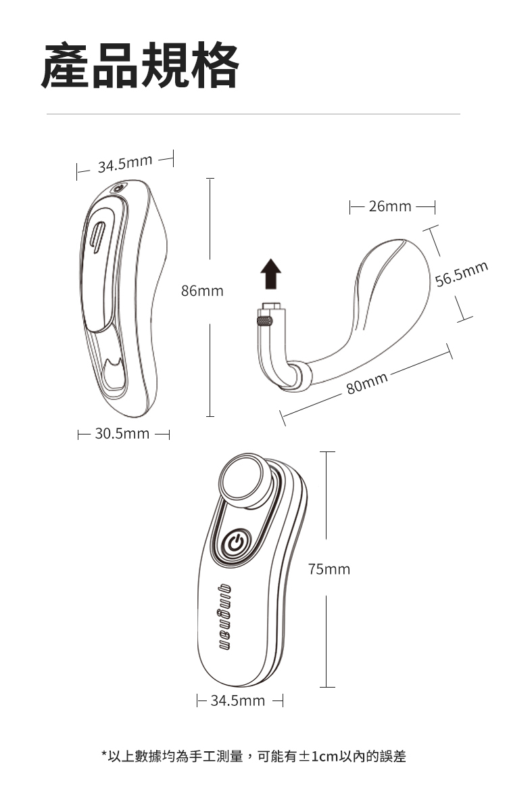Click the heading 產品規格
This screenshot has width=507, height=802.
(140, 66)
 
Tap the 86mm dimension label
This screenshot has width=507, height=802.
(202, 291)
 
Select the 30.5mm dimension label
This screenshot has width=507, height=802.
(122, 433)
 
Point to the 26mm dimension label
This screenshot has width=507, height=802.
(390, 206)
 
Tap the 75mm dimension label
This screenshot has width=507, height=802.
(329, 569)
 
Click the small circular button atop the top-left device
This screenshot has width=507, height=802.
(118, 188)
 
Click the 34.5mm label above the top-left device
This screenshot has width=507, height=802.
(124, 164)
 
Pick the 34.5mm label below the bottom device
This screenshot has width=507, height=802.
(238, 700)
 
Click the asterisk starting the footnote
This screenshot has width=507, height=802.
(104, 755)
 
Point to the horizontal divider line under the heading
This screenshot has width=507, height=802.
(253, 114)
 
